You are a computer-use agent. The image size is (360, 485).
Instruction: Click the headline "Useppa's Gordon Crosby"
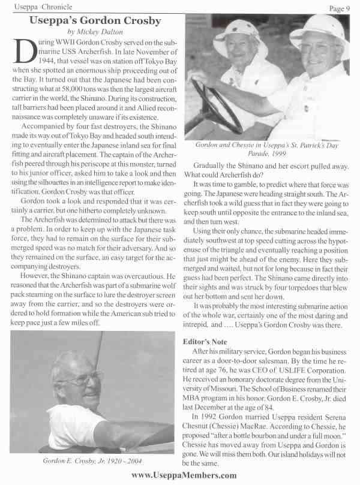tap(95, 21)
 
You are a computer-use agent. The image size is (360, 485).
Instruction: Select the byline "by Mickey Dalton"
tap(95, 32)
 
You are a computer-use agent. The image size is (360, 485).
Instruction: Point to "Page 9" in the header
tap(343, 7)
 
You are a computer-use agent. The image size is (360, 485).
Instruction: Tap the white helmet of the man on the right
tap(320, 33)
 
